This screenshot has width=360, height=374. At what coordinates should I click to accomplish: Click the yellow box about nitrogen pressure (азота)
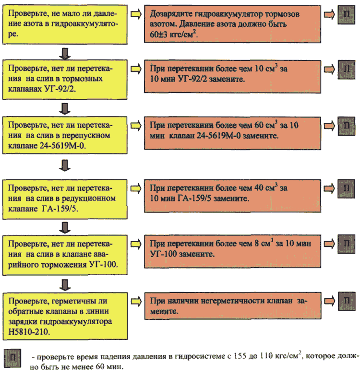[65, 24]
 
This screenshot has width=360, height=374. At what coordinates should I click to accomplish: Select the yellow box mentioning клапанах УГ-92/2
[65, 80]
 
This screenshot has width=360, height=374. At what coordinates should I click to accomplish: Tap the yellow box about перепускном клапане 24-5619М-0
[65, 135]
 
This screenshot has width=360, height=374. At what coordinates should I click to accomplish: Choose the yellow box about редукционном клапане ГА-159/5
[65, 199]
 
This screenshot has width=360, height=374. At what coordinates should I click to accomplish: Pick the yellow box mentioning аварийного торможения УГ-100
[65, 255]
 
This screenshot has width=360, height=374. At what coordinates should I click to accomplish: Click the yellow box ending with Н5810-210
[65, 316]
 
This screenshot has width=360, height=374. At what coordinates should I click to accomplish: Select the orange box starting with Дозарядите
[232, 24]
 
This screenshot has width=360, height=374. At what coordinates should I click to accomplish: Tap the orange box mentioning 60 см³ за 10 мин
[232, 133]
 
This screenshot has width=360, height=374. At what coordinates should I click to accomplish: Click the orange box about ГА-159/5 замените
[232, 196]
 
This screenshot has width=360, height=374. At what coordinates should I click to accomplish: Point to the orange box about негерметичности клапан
[233, 306]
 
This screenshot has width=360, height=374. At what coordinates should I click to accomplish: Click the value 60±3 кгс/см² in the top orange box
[174, 35]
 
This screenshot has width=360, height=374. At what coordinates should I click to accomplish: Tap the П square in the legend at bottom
[12, 358]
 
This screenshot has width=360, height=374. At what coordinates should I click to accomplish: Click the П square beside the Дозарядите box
[347, 15]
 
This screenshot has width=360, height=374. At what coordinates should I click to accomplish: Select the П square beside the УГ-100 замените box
[347, 244]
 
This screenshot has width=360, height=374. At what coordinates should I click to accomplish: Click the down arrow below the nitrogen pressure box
[65, 54]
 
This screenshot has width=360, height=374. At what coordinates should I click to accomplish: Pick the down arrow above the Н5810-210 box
[65, 285]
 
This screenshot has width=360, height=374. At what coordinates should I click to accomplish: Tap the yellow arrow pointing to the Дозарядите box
[136, 14]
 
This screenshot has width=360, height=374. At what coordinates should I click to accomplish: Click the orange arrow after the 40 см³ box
[329, 188]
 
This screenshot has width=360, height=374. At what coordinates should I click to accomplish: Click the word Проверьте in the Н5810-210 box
[29, 301]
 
